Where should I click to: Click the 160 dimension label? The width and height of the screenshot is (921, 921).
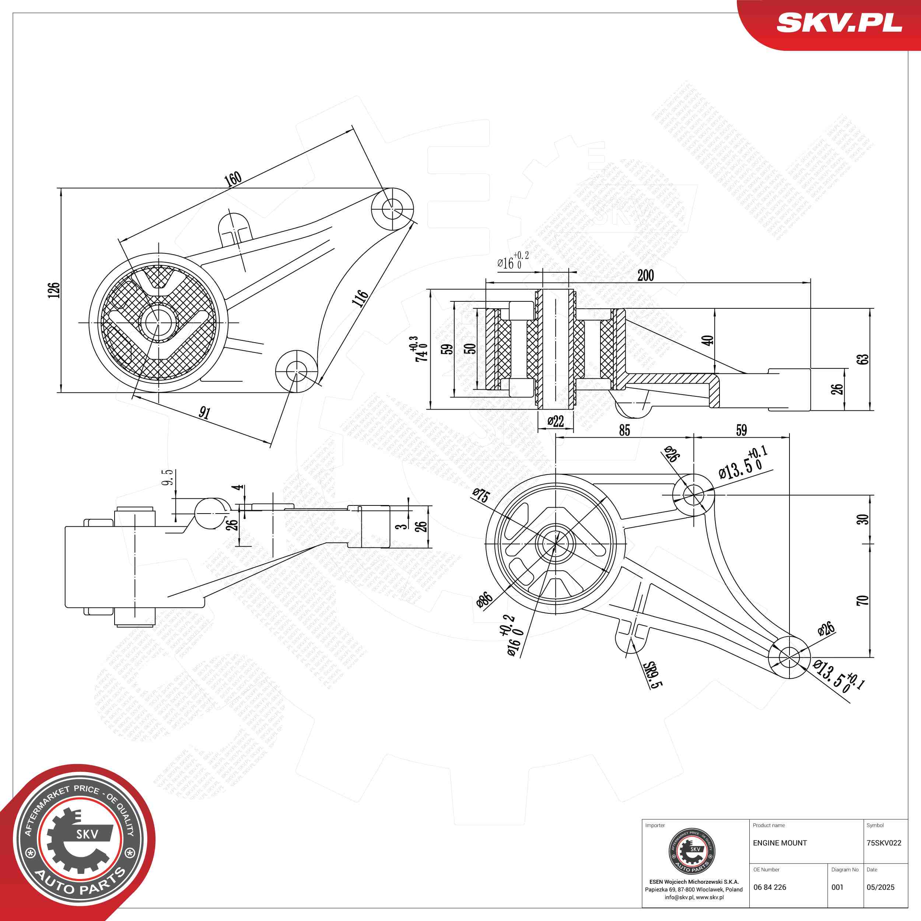233,179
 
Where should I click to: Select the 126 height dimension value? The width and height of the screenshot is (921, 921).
54,290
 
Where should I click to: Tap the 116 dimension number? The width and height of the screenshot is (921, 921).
360,298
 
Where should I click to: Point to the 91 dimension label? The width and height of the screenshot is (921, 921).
204,412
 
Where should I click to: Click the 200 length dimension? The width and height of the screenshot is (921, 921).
645,276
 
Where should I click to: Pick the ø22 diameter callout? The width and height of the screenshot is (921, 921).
556,421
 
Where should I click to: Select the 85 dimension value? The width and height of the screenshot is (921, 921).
624,430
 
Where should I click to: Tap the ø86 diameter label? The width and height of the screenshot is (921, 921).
484,600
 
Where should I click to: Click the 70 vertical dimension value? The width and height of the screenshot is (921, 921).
862,600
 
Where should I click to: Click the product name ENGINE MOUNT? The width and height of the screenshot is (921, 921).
780,843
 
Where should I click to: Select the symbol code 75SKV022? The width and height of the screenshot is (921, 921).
884,843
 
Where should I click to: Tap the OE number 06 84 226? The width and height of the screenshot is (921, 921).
770,887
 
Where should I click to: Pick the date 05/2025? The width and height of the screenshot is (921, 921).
880,887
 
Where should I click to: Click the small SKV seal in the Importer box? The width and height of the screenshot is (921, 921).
692,852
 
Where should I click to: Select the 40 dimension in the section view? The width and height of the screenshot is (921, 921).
707,340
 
